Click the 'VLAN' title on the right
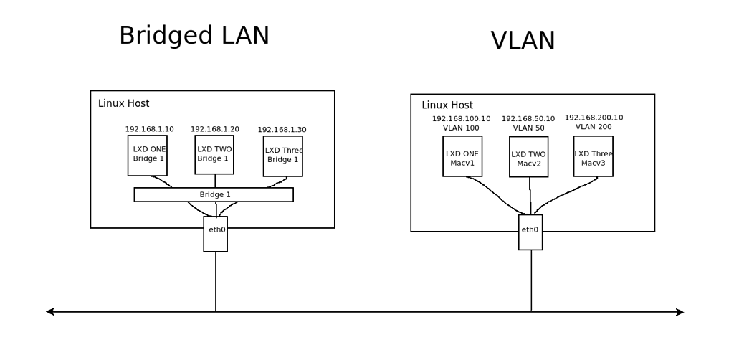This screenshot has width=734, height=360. (523, 40)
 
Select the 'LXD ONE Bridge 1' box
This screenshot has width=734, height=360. (147, 155)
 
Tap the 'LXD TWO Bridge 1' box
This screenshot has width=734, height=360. (214, 153)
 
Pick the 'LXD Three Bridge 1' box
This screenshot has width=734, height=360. (282, 156)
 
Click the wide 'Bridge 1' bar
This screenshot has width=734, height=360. (214, 194)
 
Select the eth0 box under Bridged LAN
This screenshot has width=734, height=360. (215, 234)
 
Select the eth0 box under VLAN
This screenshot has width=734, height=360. (530, 230)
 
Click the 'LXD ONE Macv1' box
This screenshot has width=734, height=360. (462, 157)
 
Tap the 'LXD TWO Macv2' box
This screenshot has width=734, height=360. (529, 158)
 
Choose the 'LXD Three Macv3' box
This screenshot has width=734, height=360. (594, 157)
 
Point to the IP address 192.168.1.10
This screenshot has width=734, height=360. (149, 130)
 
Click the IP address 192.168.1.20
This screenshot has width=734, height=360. (215, 129)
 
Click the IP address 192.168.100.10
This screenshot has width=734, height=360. (461, 118)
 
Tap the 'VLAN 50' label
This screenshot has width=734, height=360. (528, 128)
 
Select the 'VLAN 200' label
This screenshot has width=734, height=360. (594, 126)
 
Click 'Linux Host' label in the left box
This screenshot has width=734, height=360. (123, 103)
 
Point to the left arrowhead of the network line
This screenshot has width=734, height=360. (49, 312)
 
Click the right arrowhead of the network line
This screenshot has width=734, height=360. (681, 312)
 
